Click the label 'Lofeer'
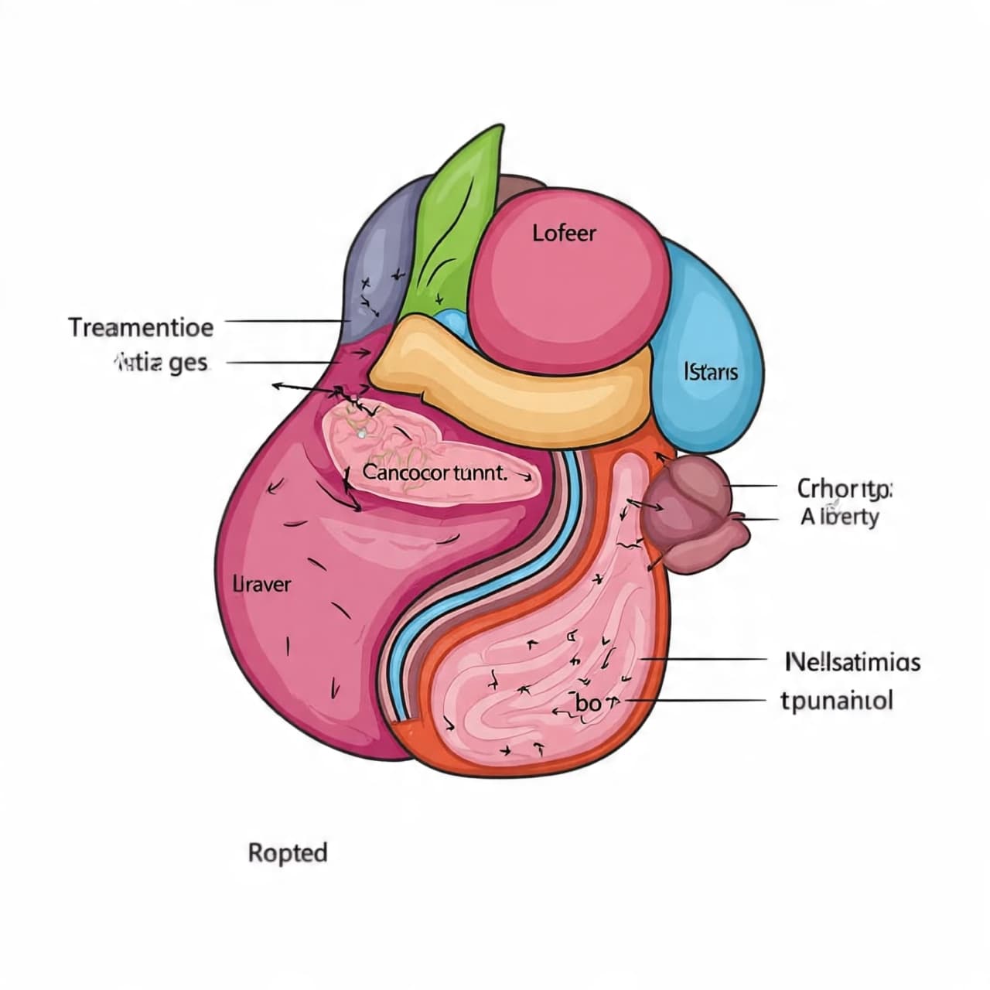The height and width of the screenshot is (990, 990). (565, 233)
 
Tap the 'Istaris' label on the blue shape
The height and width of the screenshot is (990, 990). (712, 372)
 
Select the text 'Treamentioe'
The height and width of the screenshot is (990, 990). (141, 327)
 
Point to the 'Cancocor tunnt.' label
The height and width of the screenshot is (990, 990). (435, 473)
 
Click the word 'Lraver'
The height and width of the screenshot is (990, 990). (262, 584)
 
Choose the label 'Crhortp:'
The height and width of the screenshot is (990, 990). (845, 489)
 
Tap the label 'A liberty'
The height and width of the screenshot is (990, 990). (840, 517)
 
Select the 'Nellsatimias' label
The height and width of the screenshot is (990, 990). (853, 662)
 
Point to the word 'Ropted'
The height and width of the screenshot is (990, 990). (288, 853)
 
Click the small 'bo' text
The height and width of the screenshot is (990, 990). (589, 703)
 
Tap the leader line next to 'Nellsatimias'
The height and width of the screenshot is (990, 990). (704, 660)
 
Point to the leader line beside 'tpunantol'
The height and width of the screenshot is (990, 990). (696, 699)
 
